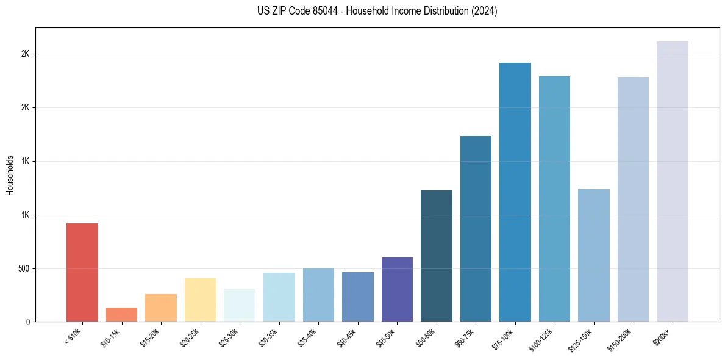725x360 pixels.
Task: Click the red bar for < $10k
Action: coord(82,273)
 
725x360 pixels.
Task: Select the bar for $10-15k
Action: coord(121,315)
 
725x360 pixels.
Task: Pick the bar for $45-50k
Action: coord(397,290)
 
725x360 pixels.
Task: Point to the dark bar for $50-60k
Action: coord(437,256)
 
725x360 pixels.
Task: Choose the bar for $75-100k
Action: coord(515,192)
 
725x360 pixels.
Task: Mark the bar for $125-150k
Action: coord(594,256)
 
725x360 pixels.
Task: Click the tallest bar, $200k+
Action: coord(673,182)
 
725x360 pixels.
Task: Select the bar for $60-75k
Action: coord(476,229)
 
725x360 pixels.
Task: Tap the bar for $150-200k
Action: coord(633,200)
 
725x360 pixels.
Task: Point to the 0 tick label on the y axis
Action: coord(27,322)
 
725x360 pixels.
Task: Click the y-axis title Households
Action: coord(10,175)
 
